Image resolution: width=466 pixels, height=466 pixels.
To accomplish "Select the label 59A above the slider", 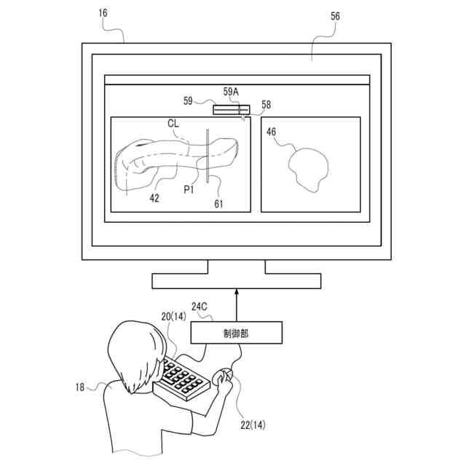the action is (x=231, y=92).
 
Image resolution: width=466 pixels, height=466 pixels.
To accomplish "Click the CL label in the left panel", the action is (x=173, y=124).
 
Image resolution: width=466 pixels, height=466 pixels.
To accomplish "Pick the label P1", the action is (x=189, y=189).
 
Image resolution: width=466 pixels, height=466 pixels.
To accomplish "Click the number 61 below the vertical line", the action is (x=218, y=203).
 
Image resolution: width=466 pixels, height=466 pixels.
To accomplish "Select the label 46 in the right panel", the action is (x=271, y=132).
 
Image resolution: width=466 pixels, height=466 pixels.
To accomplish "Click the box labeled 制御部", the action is (x=236, y=333).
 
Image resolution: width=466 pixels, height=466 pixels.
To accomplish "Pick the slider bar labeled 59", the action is (x=231, y=110).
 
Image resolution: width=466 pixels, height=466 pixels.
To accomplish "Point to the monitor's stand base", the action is (x=236, y=281).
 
